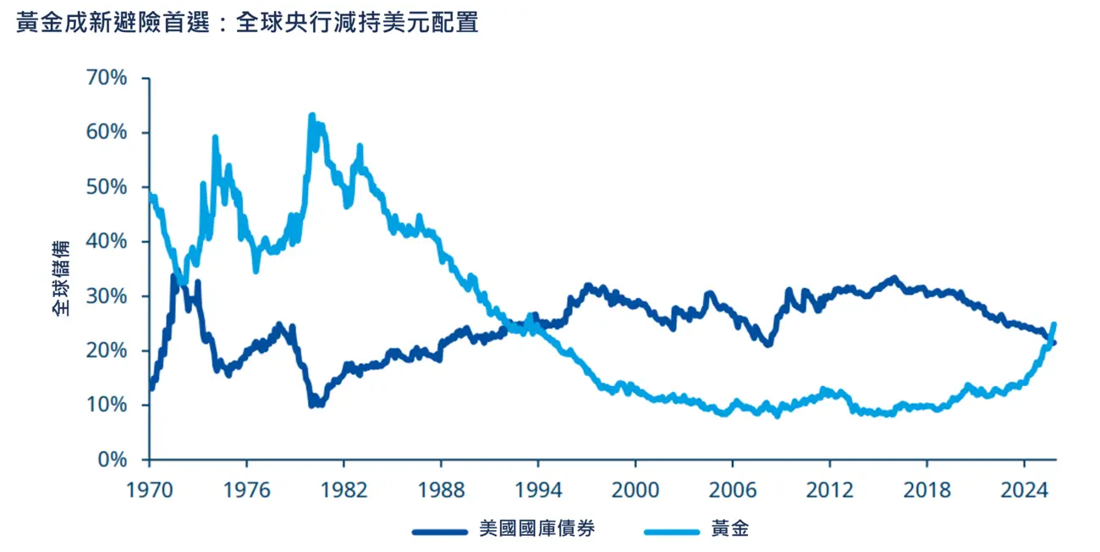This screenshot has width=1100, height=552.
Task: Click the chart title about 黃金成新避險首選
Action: pyautogui.click(x=247, y=23)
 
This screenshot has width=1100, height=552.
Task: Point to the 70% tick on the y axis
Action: pyautogui.click(x=107, y=78)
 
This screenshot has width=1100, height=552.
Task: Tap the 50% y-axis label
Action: pyautogui.click(x=107, y=187)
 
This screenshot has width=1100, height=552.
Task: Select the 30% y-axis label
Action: pyautogui.click(x=107, y=296)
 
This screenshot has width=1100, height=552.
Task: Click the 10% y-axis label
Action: pyautogui.click(x=107, y=406)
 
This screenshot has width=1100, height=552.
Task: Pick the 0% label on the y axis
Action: pyautogui.click(x=112, y=460)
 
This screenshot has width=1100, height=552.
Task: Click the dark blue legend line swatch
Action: pyautogui.click(x=440, y=531)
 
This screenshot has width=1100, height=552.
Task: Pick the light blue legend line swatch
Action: pyautogui.click(x=672, y=531)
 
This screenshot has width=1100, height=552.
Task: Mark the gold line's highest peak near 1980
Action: pyautogui.click(x=311, y=115)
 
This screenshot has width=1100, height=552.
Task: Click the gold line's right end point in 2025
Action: pyautogui.click(x=1053, y=324)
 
